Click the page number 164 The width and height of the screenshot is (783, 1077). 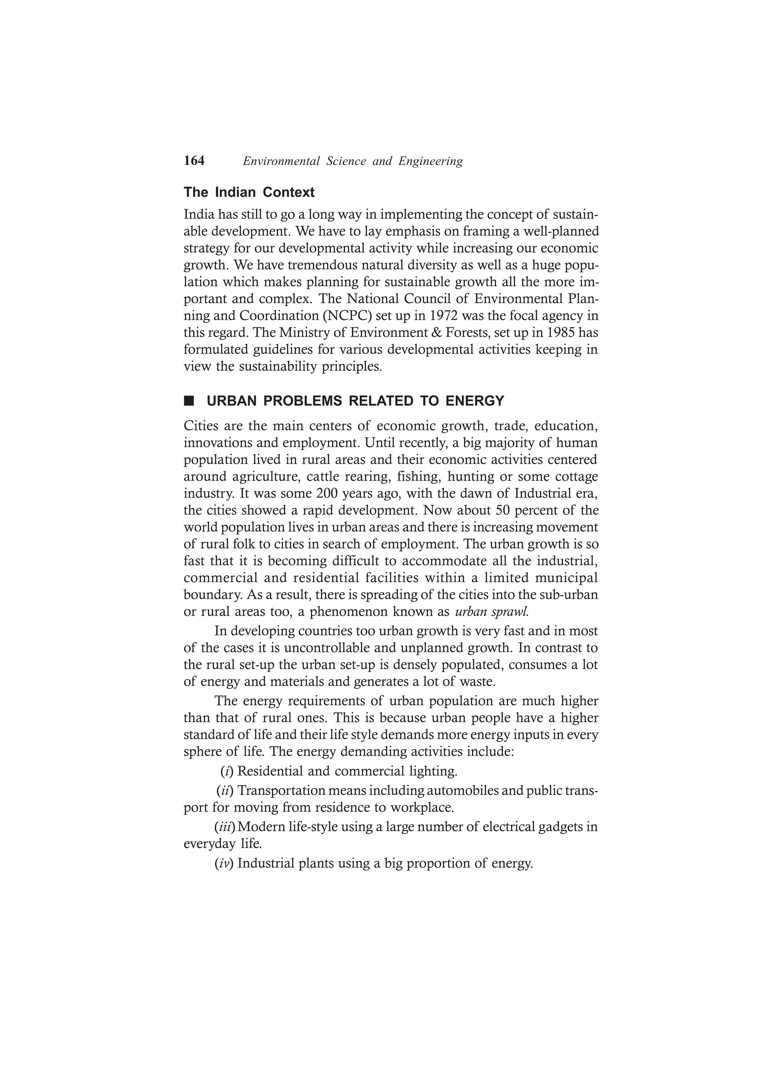pos(194,161)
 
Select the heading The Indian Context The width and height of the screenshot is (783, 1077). pos(249,192)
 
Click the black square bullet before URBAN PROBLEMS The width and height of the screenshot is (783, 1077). pos(189,401)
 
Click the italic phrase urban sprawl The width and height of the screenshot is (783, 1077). pos(492,611)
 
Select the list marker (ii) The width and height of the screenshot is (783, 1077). pos(225,791)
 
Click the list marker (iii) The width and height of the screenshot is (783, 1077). pos(225,827)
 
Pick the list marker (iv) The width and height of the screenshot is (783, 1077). pos(224,863)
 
